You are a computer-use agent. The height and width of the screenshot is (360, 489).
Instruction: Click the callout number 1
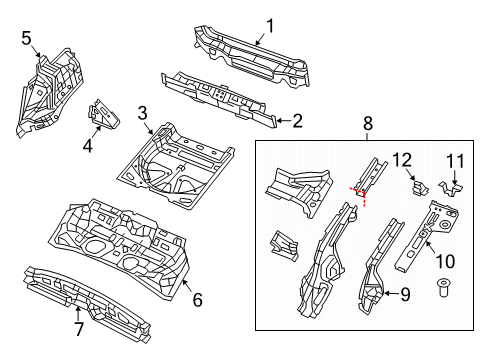coord(269,26)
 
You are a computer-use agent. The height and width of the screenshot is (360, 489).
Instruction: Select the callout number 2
coord(295,121)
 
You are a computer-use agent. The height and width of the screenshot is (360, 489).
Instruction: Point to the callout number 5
coord(27,39)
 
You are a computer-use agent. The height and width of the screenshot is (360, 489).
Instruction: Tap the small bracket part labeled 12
coord(415,187)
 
